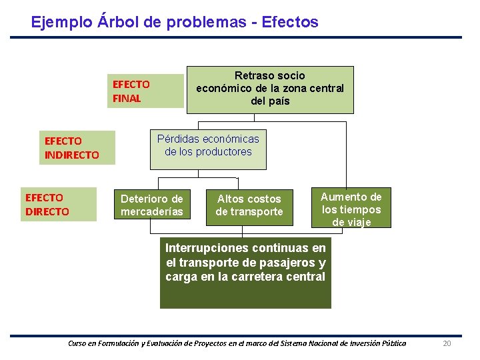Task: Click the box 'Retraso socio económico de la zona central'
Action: (x=270, y=89)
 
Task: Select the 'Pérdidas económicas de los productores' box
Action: (x=208, y=149)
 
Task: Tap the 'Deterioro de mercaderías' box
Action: (x=151, y=205)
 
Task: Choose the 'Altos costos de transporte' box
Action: (x=249, y=205)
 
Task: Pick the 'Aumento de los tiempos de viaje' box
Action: (x=351, y=209)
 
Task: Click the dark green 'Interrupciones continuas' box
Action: (x=245, y=272)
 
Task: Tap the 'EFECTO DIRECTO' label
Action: (x=59, y=205)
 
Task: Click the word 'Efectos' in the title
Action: (x=290, y=22)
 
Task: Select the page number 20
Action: (x=447, y=343)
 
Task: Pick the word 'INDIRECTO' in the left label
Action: (x=72, y=155)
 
